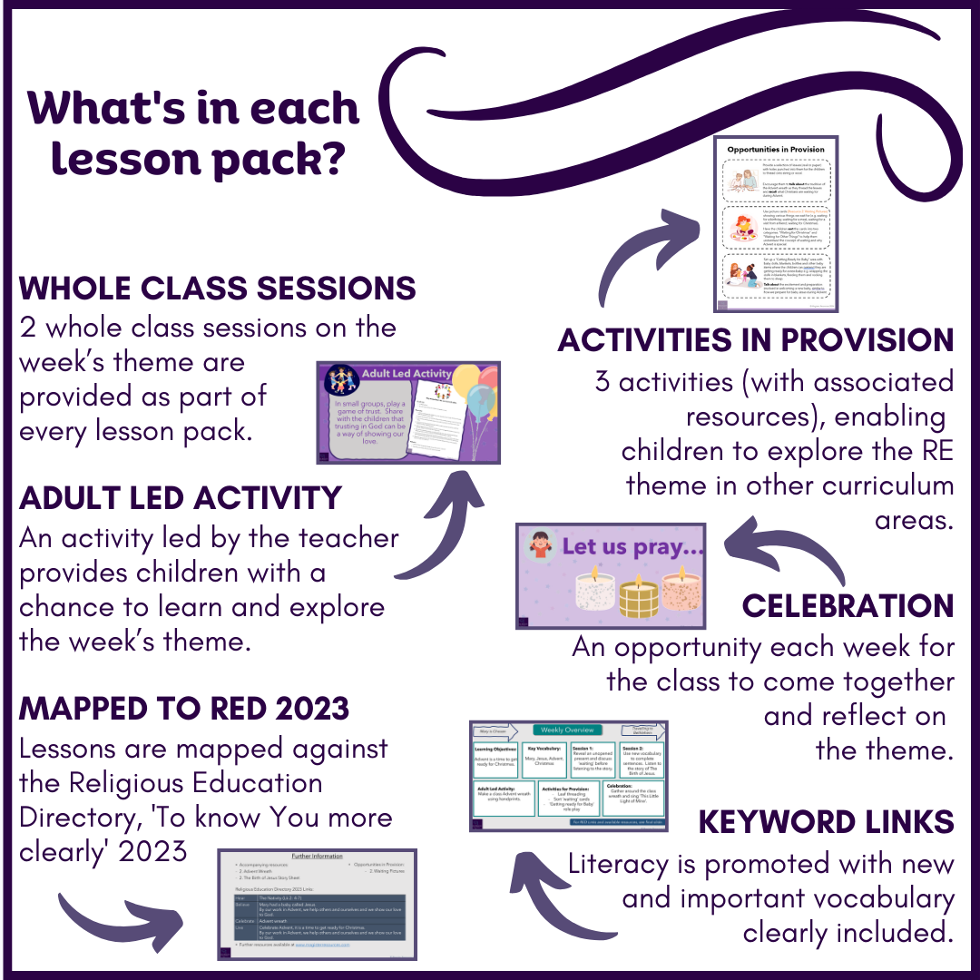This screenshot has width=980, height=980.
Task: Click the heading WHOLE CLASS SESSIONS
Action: [x=218, y=289]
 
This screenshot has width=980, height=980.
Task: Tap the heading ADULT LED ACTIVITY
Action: [x=181, y=498]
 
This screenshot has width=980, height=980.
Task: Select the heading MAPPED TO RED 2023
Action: [x=184, y=708]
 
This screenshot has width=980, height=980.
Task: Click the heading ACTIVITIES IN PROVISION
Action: [x=756, y=340]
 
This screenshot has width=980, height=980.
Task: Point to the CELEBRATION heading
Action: [x=848, y=606]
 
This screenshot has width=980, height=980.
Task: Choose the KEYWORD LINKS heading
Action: [x=826, y=822]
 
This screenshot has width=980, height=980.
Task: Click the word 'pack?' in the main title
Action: [x=289, y=158]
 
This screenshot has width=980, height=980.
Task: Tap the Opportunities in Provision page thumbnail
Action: [x=775, y=223]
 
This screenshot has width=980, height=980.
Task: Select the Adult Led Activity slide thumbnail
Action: [x=408, y=412]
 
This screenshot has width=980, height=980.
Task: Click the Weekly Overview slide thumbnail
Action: [x=569, y=776]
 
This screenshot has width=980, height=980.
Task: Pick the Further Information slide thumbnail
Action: [x=317, y=904]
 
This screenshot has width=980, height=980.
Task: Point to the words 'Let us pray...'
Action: [x=632, y=547]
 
